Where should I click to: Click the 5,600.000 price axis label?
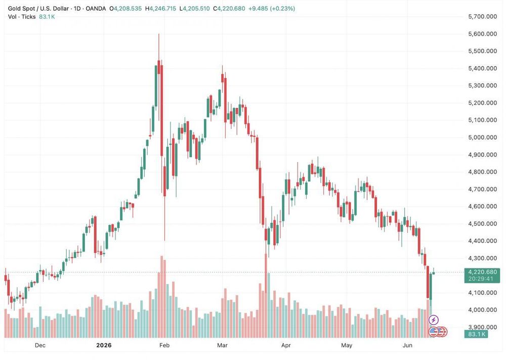tap(482, 34)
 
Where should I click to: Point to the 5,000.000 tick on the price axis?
tap(482, 137)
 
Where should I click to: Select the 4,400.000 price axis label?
tap(482, 241)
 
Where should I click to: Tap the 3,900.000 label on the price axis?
tap(482, 327)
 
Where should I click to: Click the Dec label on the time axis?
tap(40, 345)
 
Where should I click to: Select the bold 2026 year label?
tap(104, 345)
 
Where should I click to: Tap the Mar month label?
tap(222, 345)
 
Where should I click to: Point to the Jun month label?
tap(407, 345)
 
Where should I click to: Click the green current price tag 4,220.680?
tap(482, 272)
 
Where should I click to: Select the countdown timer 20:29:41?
tap(481, 278)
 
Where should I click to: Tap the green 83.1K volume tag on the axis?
tap(476, 334)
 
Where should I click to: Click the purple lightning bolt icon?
tap(434, 320)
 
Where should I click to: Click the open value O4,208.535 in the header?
tap(125, 9)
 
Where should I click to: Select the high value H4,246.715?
tap(161, 9)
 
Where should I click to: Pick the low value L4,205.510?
tap(195, 9)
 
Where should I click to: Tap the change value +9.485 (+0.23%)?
tap(272, 9)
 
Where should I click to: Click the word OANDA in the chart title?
tap(96, 9)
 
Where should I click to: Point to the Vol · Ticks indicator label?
tap(22, 17)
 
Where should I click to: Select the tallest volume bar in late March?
tap(266, 296)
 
